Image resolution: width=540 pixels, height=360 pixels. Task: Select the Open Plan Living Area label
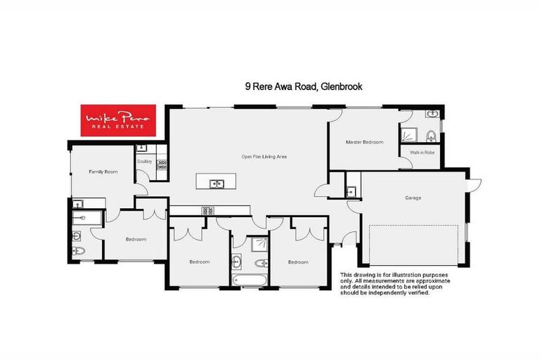[x=264, y=156]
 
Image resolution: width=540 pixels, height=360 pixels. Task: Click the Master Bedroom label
[x=364, y=142]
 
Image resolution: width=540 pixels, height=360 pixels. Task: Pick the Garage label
[x=413, y=198]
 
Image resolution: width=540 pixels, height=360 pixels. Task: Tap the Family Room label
[x=102, y=172]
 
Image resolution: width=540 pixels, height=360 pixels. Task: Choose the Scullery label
[x=145, y=161]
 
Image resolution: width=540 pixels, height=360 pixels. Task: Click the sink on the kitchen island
[x=217, y=184]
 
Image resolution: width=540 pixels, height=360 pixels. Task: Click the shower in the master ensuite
[x=408, y=134]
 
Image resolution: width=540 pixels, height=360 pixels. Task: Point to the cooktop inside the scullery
[x=162, y=165]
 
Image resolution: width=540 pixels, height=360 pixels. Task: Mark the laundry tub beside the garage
[x=352, y=191]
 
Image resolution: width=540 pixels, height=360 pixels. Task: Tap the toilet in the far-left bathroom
[x=79, y=250]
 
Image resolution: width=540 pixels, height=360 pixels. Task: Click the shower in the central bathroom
[x=257, y=243]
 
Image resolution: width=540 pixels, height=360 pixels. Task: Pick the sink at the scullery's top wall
[x=143, y=148]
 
